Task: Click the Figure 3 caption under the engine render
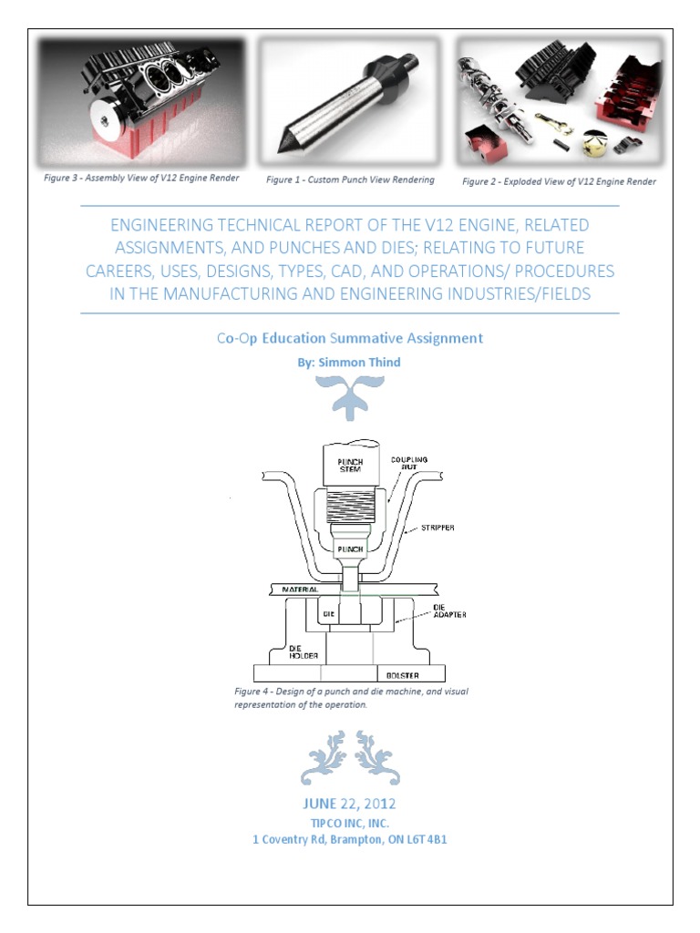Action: (141, 178)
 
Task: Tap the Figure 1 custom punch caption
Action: (350, 179)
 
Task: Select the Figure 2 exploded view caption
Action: (559, 181)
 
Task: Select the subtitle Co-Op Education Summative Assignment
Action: (350, 339)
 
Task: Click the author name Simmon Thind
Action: (359, 363)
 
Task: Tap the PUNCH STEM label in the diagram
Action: (350, 466)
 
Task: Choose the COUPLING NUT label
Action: (409, 464)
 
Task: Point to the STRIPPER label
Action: (437, 528)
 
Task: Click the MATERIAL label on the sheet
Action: (300, 590)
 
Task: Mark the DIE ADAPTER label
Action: (449, 611)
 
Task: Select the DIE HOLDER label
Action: (304, 652)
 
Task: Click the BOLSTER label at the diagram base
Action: (402, 676)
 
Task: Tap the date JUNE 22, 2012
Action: (349, 804)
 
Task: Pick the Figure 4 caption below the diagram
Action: (351, 698)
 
